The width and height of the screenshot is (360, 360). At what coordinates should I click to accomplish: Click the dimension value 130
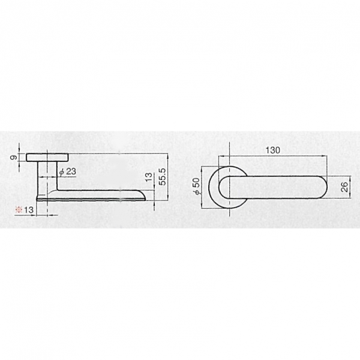[x=273, y=150]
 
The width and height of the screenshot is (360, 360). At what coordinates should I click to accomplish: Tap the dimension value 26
[x=344, y=187]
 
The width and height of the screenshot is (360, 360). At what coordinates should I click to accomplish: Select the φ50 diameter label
[x=196, y=187]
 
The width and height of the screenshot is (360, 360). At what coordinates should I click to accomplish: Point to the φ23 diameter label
[x=67, y=172]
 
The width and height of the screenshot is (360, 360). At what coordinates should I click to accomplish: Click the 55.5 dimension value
[x=163, y=176]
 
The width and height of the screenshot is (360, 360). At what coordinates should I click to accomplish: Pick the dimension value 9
[x=14, y=157]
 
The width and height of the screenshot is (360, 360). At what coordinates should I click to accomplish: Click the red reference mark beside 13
[x=19, y=209]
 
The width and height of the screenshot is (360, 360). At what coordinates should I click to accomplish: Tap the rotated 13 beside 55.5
[x=149, y=177]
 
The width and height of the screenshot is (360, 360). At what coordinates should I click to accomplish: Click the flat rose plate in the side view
[x=47, y=157]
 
